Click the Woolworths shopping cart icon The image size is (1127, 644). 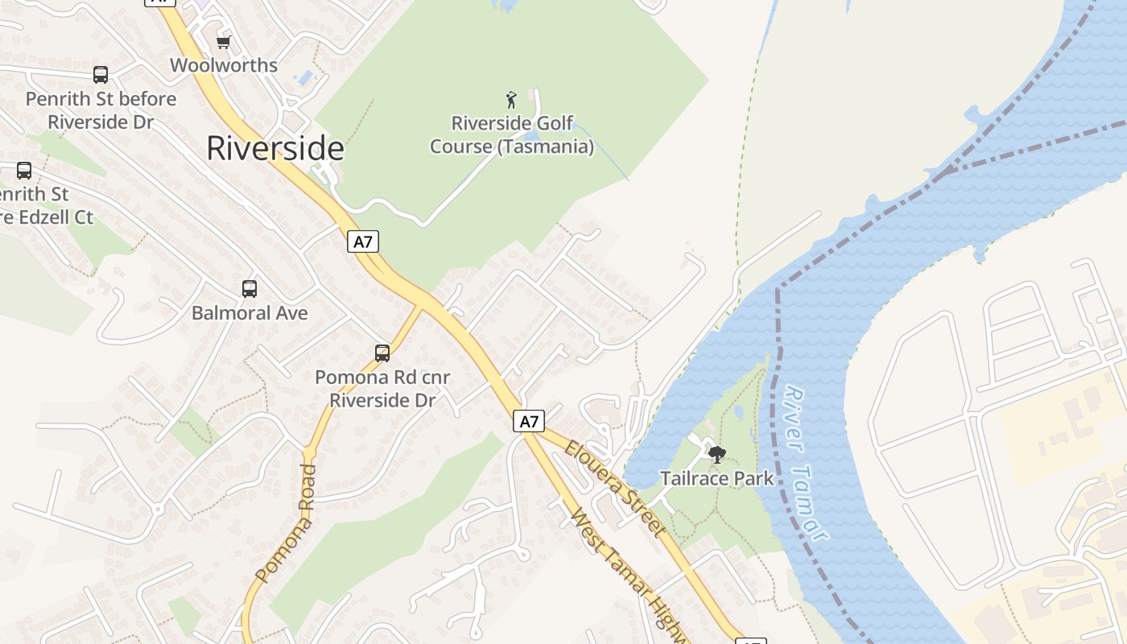pyautogui.click(x=223, y=42)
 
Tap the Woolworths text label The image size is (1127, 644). pyautogui.click(x=224, y=65)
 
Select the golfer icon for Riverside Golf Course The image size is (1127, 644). pyautogui.click(x=511, y=100)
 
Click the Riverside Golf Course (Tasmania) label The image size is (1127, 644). pyautogui.click(x=512, y=135)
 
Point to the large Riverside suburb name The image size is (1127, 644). pyautogui.click(x=275, y=149)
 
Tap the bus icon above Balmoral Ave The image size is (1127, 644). pyautogui.click(x=250, y=288)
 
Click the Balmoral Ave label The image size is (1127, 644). pyautogui.click(x=250, y=313)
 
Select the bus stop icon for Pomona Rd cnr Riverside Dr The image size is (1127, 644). pyautogui.click(x=382, y=353)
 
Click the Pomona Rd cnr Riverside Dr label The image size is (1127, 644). pyautogui.click(x=382, y=388)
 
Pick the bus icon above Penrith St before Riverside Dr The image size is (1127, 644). pyautogui.click(x=101, y=75)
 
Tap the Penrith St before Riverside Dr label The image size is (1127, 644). pyautogui.click(x=101, y=110)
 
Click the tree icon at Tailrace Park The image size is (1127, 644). pyautogui.click(x=716, y=455)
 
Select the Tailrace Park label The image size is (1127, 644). pyautogui.click(x=716, y=478)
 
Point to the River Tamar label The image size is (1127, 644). pyautogui.click(x=806, y=463)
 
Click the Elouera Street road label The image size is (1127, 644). pyautogui.click(x=614, y=489)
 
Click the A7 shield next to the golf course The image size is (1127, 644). pyautogui.click(x=363, y=242)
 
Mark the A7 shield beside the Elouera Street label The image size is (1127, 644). pyautogui.click(x=529, y=421)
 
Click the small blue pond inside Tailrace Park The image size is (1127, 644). pyautogui.click(x=739, y=411)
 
